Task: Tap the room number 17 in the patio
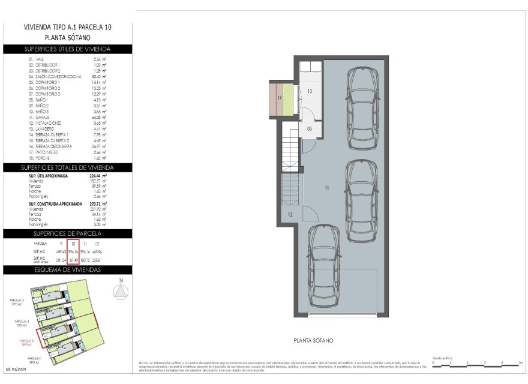click(279, 97)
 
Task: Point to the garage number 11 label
click(327, 188)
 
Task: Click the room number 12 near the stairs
click(289, 214)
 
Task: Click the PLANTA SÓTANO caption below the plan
click(313, 340)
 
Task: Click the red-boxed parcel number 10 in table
click(73, 244)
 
